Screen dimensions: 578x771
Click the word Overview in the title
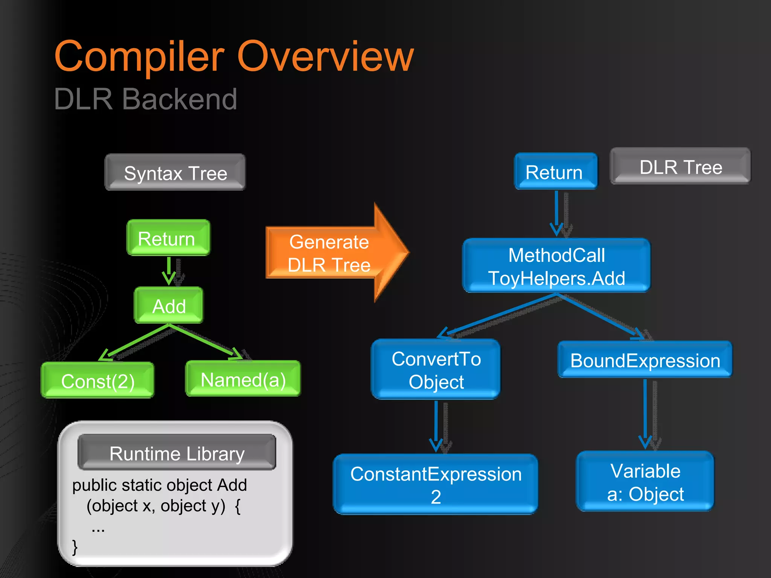pos(326,56)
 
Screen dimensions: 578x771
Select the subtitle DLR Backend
pos(145,99)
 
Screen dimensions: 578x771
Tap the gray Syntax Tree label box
pos(175,172)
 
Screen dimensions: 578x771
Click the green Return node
pos(168,238)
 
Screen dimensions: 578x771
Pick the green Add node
pos(169,306)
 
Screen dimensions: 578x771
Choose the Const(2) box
pos(98,380)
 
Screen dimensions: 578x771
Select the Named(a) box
pos(243,379)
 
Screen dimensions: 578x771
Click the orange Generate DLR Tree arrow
pos(331,253)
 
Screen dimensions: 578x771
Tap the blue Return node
pos(555,172)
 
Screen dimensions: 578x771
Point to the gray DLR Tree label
pos(680,166)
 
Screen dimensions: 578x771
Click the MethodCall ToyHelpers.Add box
pos(556,266)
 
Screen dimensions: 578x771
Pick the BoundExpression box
pos(645,360)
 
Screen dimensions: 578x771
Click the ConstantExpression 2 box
pos(436,484)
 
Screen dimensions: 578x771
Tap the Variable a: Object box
pos(645,482)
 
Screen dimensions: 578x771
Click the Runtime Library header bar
pos(177,453)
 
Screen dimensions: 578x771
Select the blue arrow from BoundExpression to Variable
pos(645,414)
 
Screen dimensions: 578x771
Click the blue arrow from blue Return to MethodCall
pos(556,213)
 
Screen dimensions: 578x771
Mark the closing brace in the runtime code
pos(75,547)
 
